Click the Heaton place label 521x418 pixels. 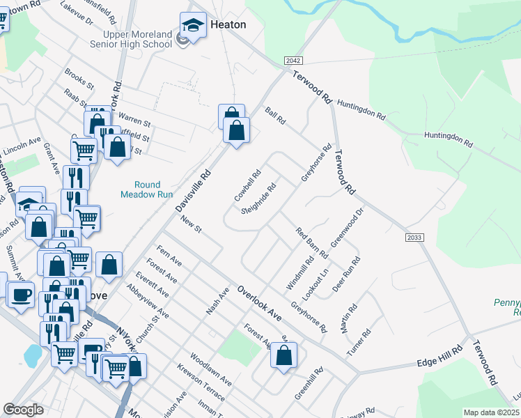click(x=228, y=24)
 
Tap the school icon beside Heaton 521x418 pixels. click(x=193, y=26)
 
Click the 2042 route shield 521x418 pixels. click(x=293, y=62)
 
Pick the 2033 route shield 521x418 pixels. click(x=414, y=238)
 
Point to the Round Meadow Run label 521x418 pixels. click(x=146, y=190)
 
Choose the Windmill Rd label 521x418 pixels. click(x=300, y=274)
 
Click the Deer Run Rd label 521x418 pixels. click(x=346, y=274)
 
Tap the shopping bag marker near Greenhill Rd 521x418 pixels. click(x=283, y=355)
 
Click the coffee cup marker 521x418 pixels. click(x=20, y=294)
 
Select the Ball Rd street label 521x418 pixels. click(x=276, y=116)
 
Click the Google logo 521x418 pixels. click(x=23, y=410)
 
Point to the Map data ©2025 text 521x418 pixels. click(x=491, y=412)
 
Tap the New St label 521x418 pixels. click(x=189, y=225)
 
